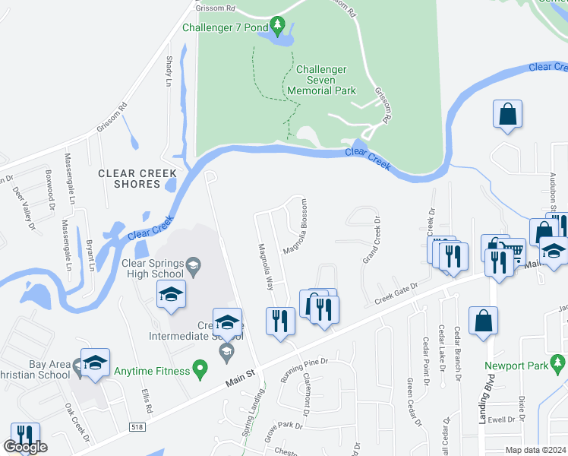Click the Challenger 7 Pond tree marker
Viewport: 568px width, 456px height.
(278, 28)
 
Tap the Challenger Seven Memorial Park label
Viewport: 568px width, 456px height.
(321, 80)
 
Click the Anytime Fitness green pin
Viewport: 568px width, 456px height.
(200, 372)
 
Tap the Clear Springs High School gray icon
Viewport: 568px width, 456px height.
(194, 266)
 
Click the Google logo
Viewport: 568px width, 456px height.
(25, 446)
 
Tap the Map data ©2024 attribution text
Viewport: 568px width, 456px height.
(536, 449)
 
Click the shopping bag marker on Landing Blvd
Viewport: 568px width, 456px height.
(484, 321)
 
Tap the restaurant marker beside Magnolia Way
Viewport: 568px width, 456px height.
(279, 320)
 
